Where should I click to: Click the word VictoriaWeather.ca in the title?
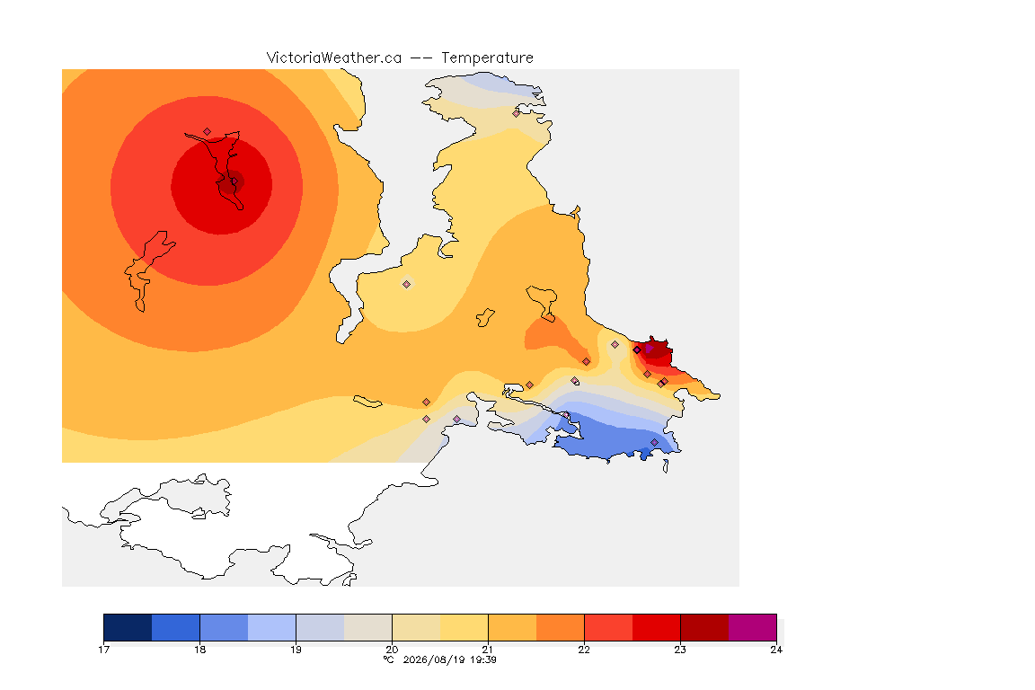(334, 58)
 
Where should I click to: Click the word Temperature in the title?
(487, 58)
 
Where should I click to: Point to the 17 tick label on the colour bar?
(103, 650)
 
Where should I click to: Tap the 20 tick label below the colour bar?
(392, 650)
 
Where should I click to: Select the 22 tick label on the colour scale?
(584, 650)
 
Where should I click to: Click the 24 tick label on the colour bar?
(776, 650)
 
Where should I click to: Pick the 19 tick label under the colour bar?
(296, 650)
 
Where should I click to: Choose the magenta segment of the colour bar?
(753, 627)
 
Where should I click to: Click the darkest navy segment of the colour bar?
(128, 627)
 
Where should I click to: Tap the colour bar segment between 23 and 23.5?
(704, 627)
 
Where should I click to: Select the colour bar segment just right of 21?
(512, 627)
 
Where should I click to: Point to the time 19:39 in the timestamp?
(483, 659)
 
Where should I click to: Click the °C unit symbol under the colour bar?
(389, 659)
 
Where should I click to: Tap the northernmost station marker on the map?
(517, 113)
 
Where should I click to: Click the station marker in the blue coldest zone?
(654, 442)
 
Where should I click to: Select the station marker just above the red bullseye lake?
(208, 132)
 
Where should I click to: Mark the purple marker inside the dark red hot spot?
(649, 348)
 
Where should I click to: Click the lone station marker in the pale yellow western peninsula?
(407, 285)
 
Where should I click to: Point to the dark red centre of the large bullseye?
(229, 183)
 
